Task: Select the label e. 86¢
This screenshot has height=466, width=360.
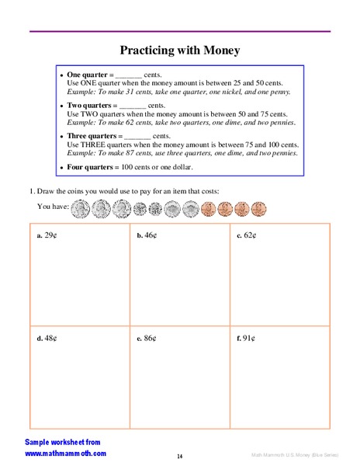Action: click(x=147, y=339)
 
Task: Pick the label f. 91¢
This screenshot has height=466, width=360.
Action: click(x=246, y=339)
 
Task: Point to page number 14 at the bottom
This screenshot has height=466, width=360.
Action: click(x=179, y=455)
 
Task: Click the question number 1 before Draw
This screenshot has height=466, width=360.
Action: click(x=32, y=191)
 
